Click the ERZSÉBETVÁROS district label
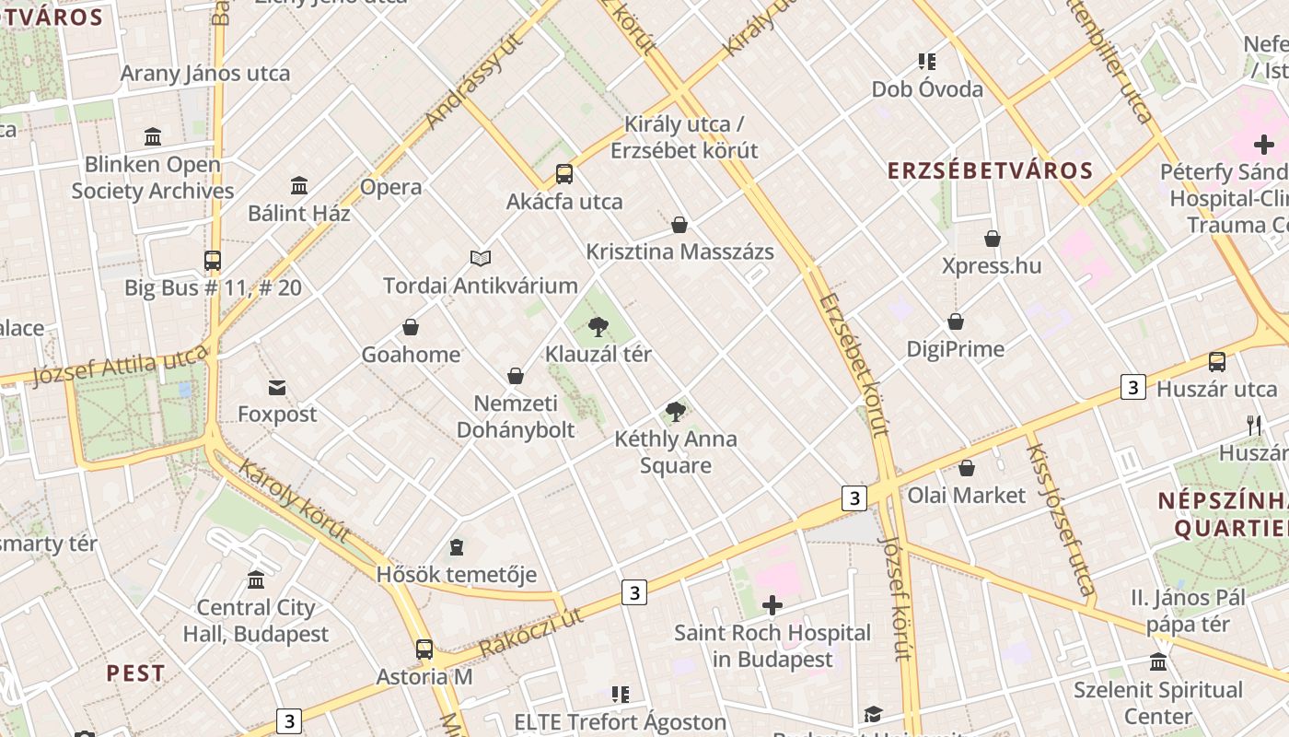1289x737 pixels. (990, 170)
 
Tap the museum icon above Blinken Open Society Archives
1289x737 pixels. (153, 137)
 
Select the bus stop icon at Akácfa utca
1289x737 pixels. (564, 174)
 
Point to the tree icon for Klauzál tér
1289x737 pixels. (598, 326)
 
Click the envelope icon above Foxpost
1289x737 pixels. (277, 387)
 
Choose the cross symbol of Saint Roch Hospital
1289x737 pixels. (772, 605)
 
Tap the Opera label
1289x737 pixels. (391, 187)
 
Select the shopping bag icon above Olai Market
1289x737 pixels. (967, 468)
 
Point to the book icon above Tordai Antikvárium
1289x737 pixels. (481, 258)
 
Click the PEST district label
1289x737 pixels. (135, 673)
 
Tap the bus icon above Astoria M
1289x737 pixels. (424, 649)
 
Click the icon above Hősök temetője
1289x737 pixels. (456, 548)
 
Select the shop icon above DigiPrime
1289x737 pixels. (956, 322)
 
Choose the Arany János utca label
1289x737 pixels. (205, 74)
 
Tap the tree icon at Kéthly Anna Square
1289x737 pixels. (676, 411)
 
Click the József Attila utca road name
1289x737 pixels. (120, 366)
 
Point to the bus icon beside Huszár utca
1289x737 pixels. (1217, 362)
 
